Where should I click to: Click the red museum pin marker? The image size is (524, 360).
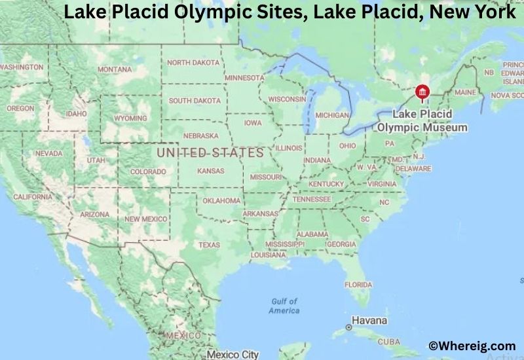423,92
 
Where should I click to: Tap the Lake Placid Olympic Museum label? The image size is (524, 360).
422,121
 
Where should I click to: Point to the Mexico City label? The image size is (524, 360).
233,354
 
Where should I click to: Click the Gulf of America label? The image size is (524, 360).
284,306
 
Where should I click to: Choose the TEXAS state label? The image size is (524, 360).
210,245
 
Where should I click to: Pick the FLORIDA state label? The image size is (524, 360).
358,285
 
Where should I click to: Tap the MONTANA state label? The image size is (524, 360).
115,70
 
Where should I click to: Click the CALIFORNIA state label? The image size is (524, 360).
32,196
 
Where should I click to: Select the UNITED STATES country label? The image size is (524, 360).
210,153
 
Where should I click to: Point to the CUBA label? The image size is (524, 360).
389,342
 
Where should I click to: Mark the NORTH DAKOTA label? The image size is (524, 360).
193,62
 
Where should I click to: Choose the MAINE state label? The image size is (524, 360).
465,93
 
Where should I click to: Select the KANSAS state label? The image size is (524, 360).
210,171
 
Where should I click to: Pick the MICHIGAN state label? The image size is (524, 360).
331,115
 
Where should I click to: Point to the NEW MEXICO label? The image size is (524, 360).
146,219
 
